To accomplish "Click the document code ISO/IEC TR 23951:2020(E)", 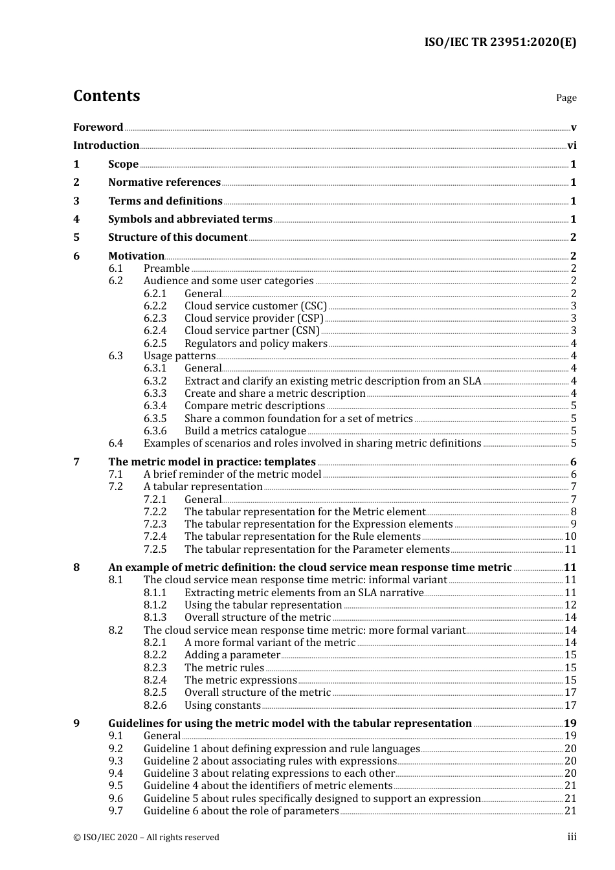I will coord(500,43).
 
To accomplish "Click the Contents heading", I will coord(106,96).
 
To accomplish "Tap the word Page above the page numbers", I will coord(566,98).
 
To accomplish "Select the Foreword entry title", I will coord(98,128).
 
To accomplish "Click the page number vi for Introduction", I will coord(572,146).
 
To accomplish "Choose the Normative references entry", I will coord(164,183).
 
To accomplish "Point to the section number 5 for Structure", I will coord(76,238).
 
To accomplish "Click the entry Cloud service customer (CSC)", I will coord(256,306).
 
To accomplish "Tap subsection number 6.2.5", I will coord(155,344).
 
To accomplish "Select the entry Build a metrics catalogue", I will coord(245,431).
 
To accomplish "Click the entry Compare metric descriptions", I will coord(254,406).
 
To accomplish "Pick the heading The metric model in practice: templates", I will coord(212,462).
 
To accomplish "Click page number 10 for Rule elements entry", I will coord(570,537).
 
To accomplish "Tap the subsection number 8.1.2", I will coord(155,605).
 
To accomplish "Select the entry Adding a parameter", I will coord(232,655).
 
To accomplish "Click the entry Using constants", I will coord(223,706).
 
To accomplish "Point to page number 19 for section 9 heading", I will coord(570,724).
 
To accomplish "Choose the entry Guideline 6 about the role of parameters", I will coord(241,811).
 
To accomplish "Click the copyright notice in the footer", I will coord(146,838).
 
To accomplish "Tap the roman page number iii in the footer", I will coord(572,838).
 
